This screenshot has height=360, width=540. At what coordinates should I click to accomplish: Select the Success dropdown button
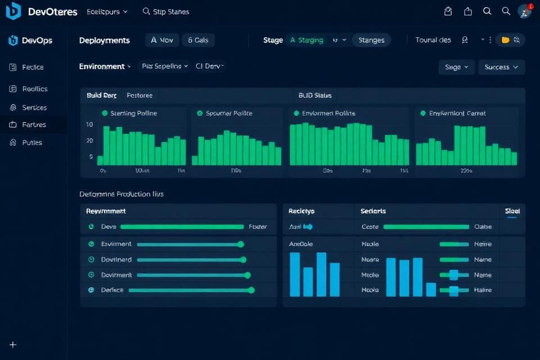coord(501,67)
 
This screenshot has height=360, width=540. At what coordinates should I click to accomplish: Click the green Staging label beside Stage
coord(307,40)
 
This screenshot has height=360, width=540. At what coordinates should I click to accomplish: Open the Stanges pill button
coord(371,40)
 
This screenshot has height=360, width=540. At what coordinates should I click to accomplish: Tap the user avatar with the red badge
coord(524,11)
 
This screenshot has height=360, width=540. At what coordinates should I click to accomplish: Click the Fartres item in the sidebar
coord(34,125)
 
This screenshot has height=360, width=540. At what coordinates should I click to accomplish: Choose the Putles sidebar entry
coord(32,143)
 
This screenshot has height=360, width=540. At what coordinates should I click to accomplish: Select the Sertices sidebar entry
coord(34,107)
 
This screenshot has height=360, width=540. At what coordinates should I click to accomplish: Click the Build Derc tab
coord(102,96)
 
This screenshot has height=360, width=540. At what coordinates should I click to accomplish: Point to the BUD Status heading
coord(315,96)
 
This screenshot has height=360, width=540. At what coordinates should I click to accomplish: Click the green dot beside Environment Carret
coord(423,113)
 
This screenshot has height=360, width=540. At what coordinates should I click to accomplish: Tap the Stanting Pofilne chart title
coord(134,113)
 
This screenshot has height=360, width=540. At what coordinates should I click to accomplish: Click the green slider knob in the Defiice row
coord(251,290)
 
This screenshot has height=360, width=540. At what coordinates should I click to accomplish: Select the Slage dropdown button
coord(456,67)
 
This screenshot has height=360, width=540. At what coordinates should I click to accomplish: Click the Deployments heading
coord(105,40)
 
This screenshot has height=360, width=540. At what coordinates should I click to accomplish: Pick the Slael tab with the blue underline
coord(512,211)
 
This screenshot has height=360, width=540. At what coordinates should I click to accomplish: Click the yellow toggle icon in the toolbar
coord(506,40)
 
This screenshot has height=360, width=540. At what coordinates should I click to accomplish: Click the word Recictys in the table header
coord(301,211)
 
